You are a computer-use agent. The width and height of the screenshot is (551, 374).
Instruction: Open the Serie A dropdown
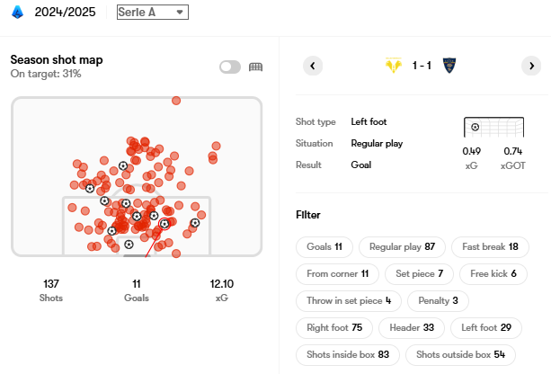coord(152,12)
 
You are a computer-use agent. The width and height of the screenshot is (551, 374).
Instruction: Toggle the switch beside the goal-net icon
coord(229,67)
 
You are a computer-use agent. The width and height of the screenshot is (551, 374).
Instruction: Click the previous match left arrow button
coord(312,66)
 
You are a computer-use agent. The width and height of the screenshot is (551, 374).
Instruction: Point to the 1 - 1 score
coord(422,66)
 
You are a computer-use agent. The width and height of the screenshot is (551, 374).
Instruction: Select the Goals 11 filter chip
coord(324,246)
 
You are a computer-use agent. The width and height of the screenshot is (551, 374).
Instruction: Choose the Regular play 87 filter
coord(403,246)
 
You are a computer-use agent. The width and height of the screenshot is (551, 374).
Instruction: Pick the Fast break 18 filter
coord(489,246)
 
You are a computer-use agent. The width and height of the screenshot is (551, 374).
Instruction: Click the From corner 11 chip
coord(337,273)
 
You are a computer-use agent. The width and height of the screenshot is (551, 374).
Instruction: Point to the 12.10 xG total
coord(222,283)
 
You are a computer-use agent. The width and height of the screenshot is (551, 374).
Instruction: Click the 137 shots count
coord(51,283)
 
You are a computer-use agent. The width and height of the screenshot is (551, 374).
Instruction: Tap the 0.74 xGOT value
coord(513,151)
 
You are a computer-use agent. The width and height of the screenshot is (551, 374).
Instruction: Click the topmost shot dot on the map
coord(176,101)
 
